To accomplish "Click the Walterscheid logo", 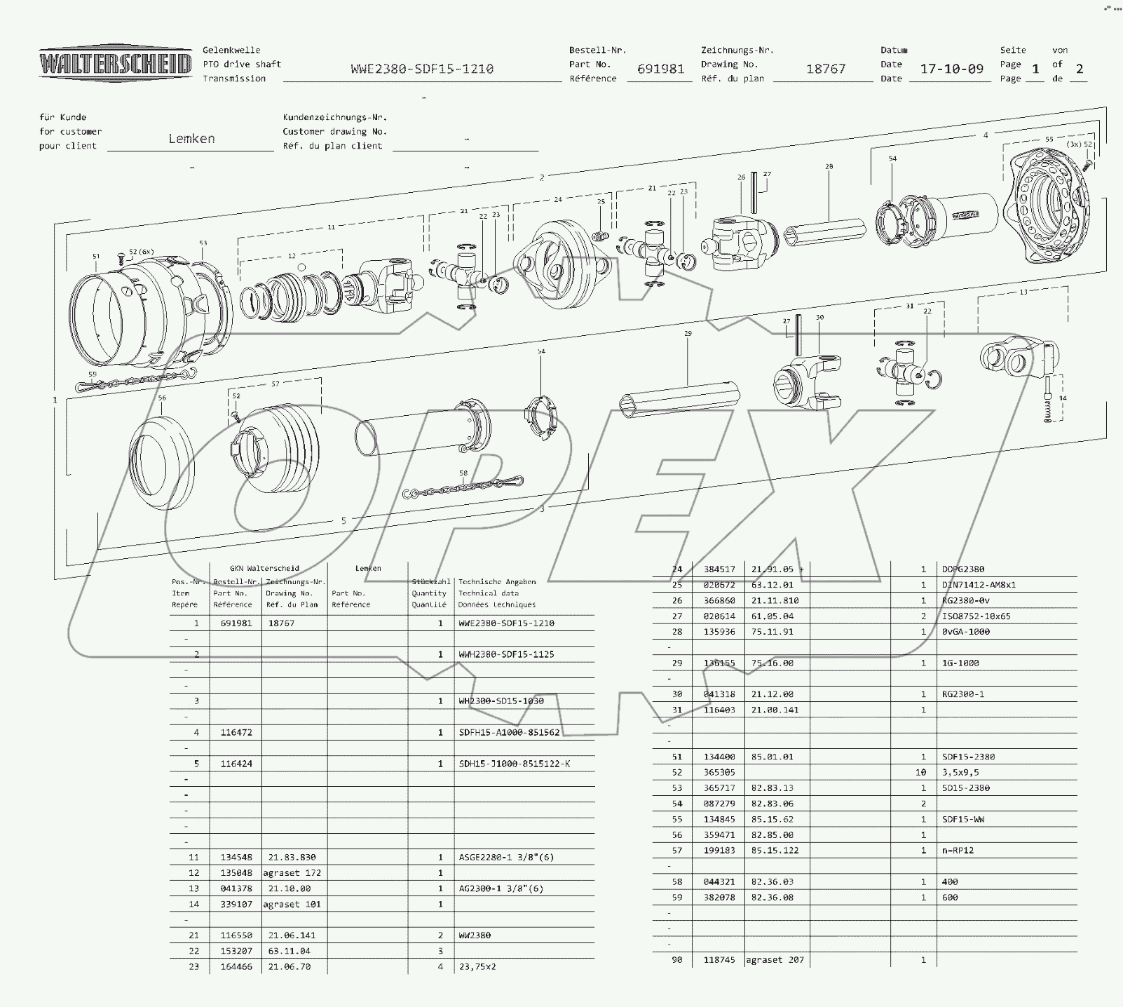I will (x=115, y=65).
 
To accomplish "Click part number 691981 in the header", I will (x=660, y=69).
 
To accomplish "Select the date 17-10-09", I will (x=951, y=69).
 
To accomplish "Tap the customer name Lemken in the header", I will (x=191, y=139).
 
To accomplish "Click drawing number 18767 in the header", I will (x=825, y=69).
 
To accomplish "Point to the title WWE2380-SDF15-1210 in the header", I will (x=422, y=69).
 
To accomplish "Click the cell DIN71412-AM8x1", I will (x=979, y=585).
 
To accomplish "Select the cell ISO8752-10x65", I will (x=976, y=616).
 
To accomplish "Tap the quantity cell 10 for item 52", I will (x=920, y=772).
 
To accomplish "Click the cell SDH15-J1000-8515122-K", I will (x=514, y=764).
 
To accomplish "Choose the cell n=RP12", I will (x=958, y=850).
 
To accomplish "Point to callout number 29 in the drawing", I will (x=688, y=334).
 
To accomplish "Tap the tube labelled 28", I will (x=824, y=231).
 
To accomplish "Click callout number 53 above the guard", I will (x=203, y=243).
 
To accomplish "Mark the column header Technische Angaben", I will (x=496, y=582).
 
